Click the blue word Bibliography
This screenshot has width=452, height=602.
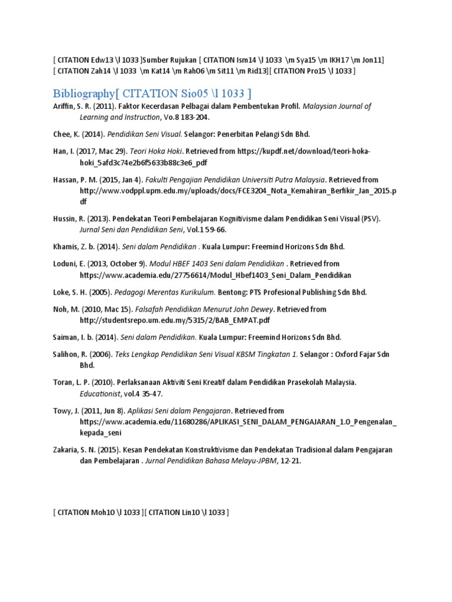[x=82, y=93]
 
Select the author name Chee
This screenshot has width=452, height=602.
[x=62, y=134]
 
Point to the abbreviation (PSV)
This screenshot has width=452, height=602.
[x=371, y=219]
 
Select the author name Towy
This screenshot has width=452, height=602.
[x=63, y=410]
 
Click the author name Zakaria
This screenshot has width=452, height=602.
[x=67, y=450]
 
